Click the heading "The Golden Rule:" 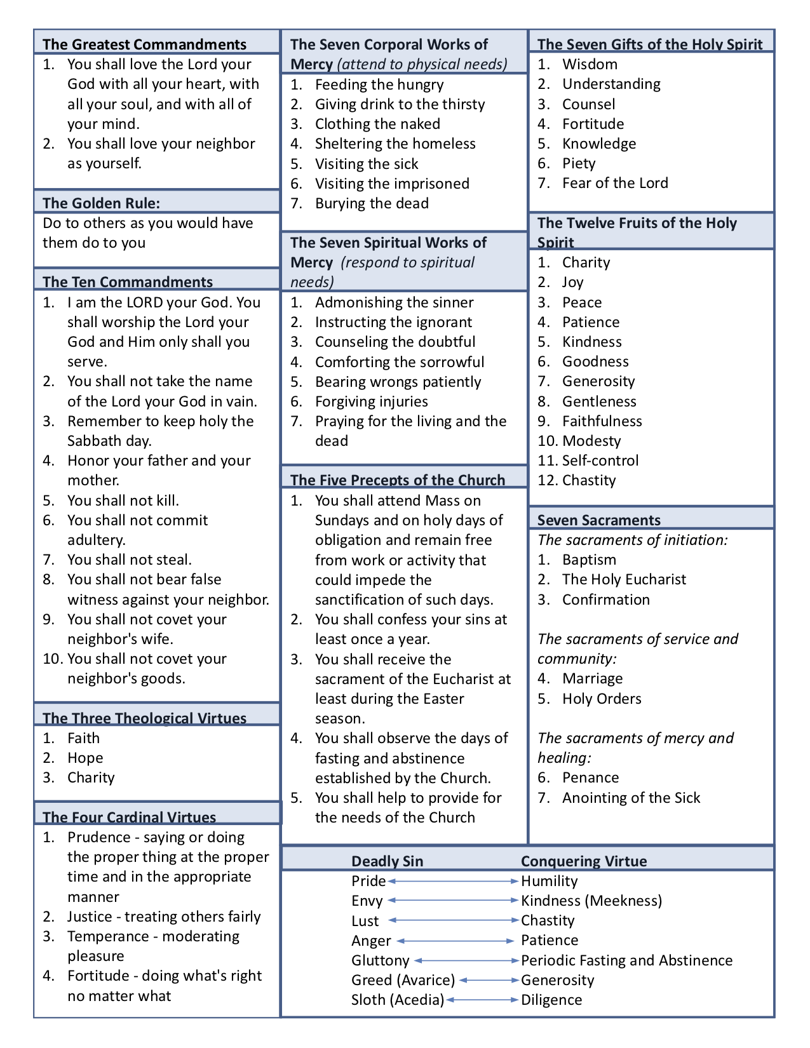(x=101, y=203)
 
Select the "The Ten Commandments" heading (x=128, y=282)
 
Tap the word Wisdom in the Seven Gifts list (x=590, y=64)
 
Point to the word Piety (x=579, y=163)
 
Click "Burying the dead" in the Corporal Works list (x=372, y=203)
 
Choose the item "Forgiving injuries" (x=371, y=401)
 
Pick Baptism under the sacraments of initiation (x=589, y=560)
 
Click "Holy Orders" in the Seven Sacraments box (x=602, y=699)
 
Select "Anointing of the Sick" (x=631, y=798)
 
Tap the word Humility (x=549, y=881)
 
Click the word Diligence (x=551, y=1000)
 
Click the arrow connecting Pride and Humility (x=453, y=881)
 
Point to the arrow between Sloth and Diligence (x=482, y=1000)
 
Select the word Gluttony (x=380, y=960)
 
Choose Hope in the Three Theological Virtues (x=85, y=758)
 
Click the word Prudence (x=98, y=837)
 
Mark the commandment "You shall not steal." (x=129, y=560)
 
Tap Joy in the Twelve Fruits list (x=572, y=282)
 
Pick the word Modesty (x=591, y=441)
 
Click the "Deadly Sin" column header (x=387, y=861)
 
